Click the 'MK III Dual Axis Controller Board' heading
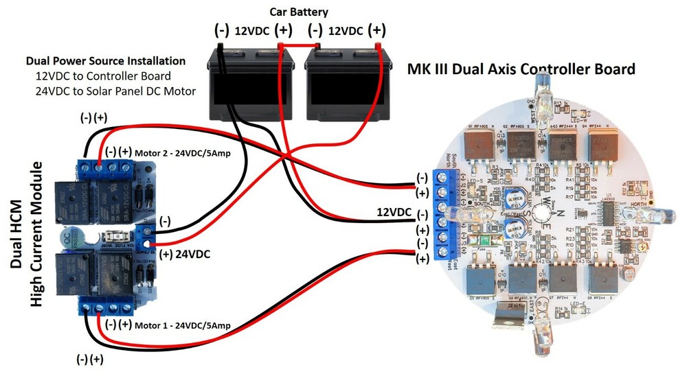pos(521,69)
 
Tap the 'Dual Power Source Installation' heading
pos(106,61)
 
